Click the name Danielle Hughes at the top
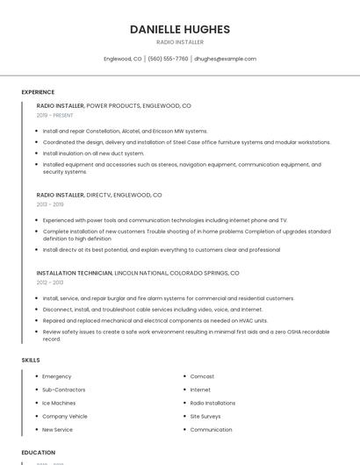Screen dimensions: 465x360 [180, 29]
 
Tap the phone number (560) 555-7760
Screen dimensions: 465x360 [168, 59]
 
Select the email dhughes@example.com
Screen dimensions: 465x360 [225, 59]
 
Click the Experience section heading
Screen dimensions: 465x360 [38, 92]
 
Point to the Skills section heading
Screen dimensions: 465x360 [31, 361]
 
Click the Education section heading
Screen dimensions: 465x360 [39, 453]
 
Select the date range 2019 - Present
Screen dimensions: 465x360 [54, 115]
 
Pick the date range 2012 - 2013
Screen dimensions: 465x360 [49, 283]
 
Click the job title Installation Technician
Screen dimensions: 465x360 [75, 273]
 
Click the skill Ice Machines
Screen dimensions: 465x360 [59, 403]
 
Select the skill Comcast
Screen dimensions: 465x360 [202, 376]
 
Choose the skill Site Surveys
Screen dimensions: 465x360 [205, 416]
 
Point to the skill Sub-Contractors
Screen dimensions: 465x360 [64, 390]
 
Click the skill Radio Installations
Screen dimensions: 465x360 [212, 403]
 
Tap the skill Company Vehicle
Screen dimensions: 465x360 [65, 416]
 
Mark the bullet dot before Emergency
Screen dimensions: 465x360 [36, 376]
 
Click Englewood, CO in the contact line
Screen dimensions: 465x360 [123, 59]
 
